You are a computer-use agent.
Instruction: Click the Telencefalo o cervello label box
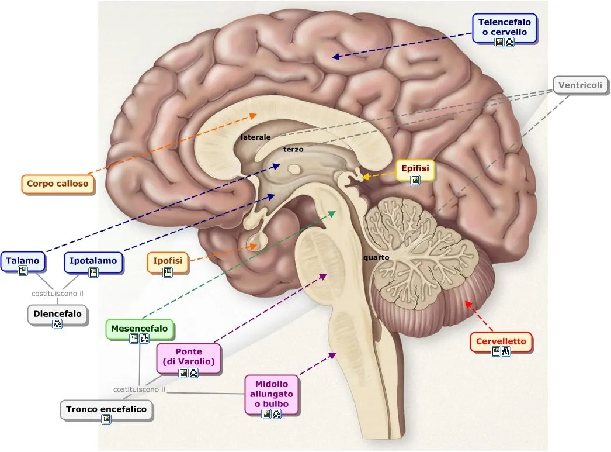pyautogui.click(x=505, y=30)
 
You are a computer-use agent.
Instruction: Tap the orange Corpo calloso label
pyautogui.click(x=57, y=184)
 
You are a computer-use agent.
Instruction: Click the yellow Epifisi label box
pyautogui.click(x=415, y=172)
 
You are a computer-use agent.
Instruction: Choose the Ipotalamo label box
pyautogui.click(x=93, y=264)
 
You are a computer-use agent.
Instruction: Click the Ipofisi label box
pyautogui.click(x=168, y=264)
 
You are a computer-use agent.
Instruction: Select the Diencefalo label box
pyautogui.click(x=57, y=316)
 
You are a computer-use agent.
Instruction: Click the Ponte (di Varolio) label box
pyautogui.click(x=189, y=359)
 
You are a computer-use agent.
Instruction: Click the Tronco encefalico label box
pyautogui.click(x=106, y=410)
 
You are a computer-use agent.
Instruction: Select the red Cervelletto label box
pyautogui.click(x=501, y=344)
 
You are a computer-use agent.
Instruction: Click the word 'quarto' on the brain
pyautogui.click(x=376, y=257)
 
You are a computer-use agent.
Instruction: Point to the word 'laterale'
pyautogui.click(x=256, y=137)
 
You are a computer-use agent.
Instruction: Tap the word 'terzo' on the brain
pyautogui.click(x=293, y=149)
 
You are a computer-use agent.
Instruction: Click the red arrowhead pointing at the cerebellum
pyautogui.click(x=467, y=303)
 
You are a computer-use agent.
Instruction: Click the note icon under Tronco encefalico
pyautogui.click(x=106, y=419)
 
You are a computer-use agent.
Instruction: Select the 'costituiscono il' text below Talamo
pyautogui.click(x=58, y=294)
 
